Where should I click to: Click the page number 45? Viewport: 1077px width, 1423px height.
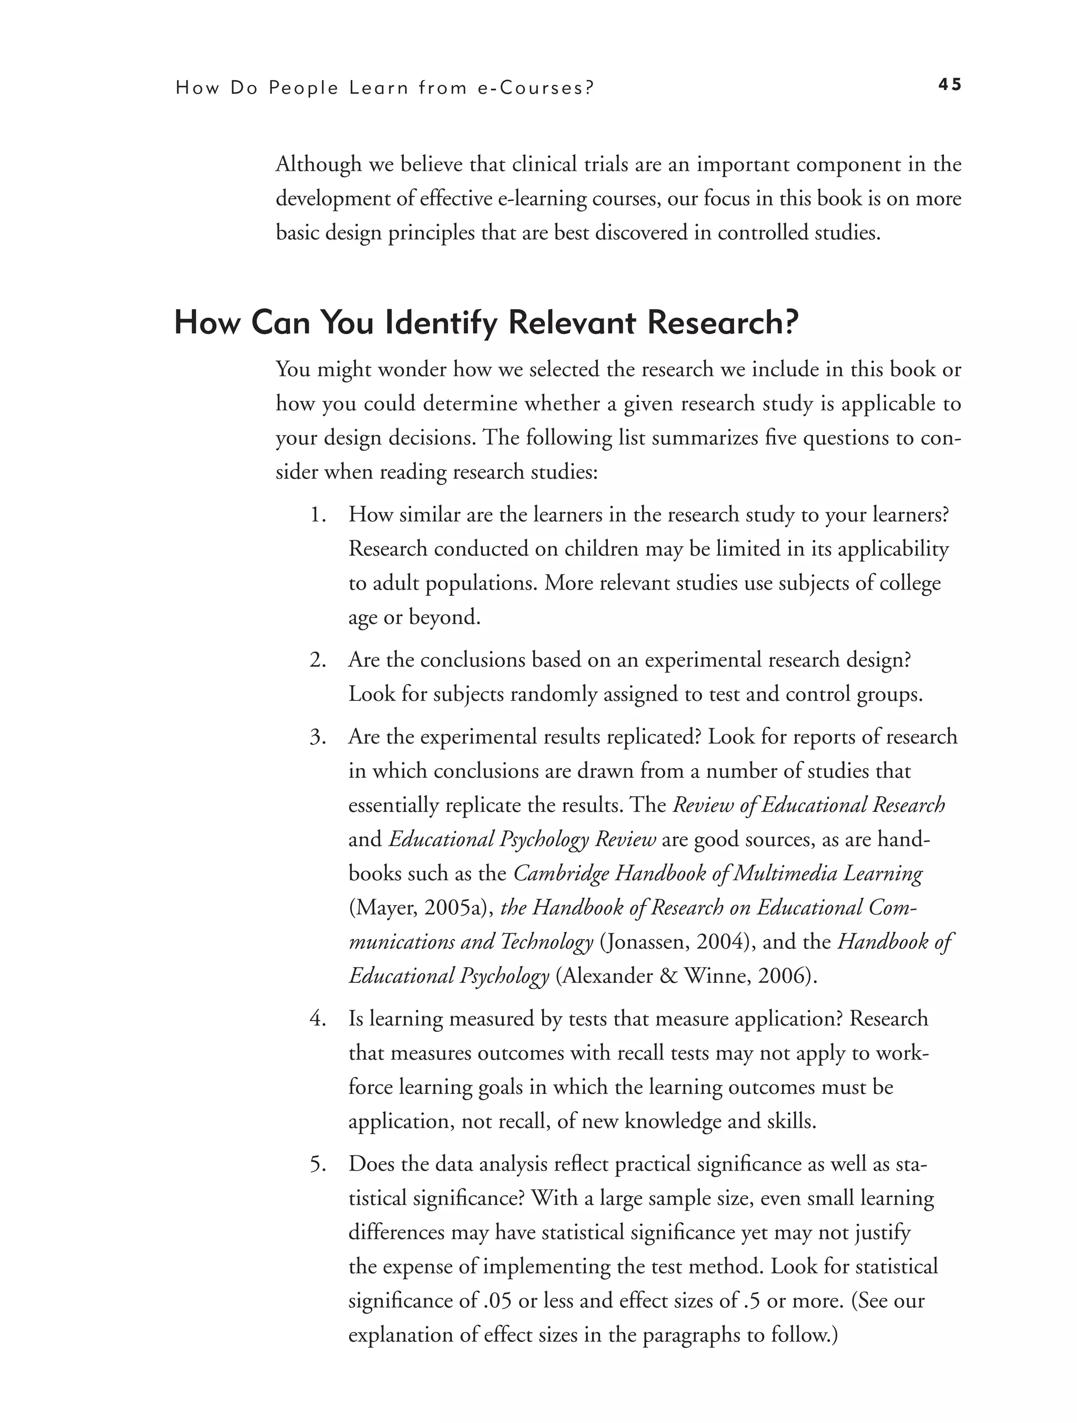point(949,85)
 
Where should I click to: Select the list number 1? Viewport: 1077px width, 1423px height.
point(318,515)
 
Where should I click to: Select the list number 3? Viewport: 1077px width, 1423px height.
point(318,737)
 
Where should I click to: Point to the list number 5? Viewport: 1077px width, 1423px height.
point(318,1165)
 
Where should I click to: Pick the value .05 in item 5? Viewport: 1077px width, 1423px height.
point(496,1302)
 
